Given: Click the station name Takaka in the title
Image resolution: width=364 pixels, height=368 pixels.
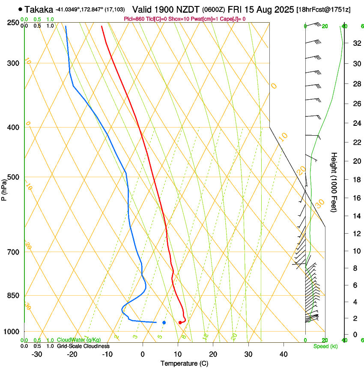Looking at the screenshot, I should point(39,9).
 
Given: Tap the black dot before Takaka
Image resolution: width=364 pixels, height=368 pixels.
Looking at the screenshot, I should point(20,9).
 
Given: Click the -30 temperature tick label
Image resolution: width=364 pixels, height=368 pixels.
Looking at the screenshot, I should point(37,354).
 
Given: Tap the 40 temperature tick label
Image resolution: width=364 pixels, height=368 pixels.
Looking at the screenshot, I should point(283,354).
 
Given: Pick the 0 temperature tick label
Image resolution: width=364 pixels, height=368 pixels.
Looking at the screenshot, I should point(143,354).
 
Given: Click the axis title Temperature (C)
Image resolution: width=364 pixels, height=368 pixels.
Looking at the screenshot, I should point(184,364).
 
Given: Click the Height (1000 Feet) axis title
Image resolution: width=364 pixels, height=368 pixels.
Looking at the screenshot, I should point(334,182).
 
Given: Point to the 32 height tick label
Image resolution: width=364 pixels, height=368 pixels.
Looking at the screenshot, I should point(344,43).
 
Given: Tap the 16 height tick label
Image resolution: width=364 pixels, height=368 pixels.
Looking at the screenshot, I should point(344,198).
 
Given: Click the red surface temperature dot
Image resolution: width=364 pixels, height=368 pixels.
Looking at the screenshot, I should point(180,322).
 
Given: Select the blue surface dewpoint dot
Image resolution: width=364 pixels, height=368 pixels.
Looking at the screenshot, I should point(164,322).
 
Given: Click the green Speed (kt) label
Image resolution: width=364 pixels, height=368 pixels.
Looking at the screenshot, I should point(325,346).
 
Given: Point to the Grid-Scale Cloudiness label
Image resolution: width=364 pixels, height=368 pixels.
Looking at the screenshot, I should point(83,346).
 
